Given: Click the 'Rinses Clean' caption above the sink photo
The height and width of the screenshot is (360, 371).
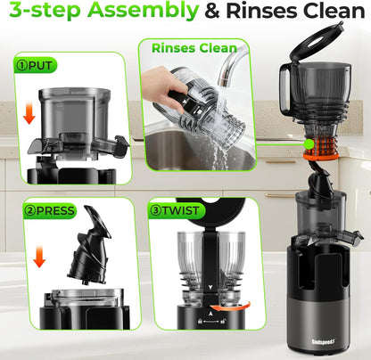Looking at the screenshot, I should [194, 47].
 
